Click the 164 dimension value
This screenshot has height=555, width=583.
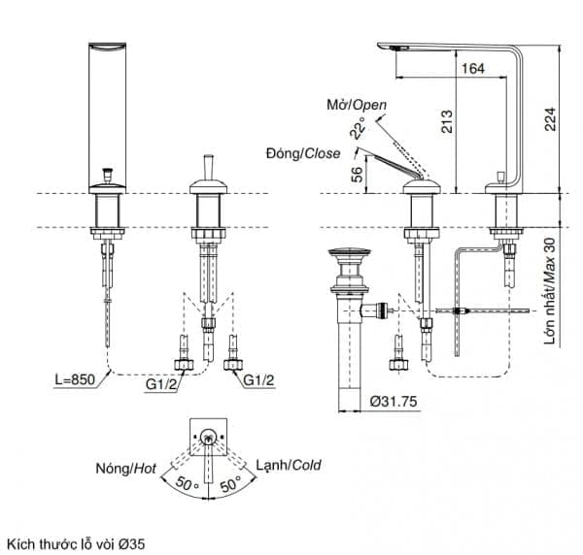coord(473,68)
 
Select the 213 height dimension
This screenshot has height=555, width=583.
coord(447,121)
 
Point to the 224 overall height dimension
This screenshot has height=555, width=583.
coord(550,118)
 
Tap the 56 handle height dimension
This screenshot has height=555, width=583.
coord(357,174)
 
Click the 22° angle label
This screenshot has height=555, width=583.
coord(358,128)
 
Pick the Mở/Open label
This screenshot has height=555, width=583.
coord(357,105)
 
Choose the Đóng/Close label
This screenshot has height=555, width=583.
coord(303,153)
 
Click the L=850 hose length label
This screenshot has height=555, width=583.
coord(75,379)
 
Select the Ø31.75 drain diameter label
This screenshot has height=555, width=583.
coord(394,402)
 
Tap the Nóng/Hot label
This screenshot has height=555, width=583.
coord(126,469)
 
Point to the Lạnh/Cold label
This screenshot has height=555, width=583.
coord(289,465)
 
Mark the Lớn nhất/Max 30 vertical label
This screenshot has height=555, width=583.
coord(550,291)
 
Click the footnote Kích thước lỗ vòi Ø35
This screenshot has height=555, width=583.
coord(76,544)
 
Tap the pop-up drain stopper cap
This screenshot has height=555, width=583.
coord(350,252)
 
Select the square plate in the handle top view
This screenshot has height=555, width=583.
coord(208,437)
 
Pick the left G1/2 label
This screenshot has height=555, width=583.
coord(160,384)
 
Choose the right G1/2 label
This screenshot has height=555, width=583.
coord(258,379)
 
